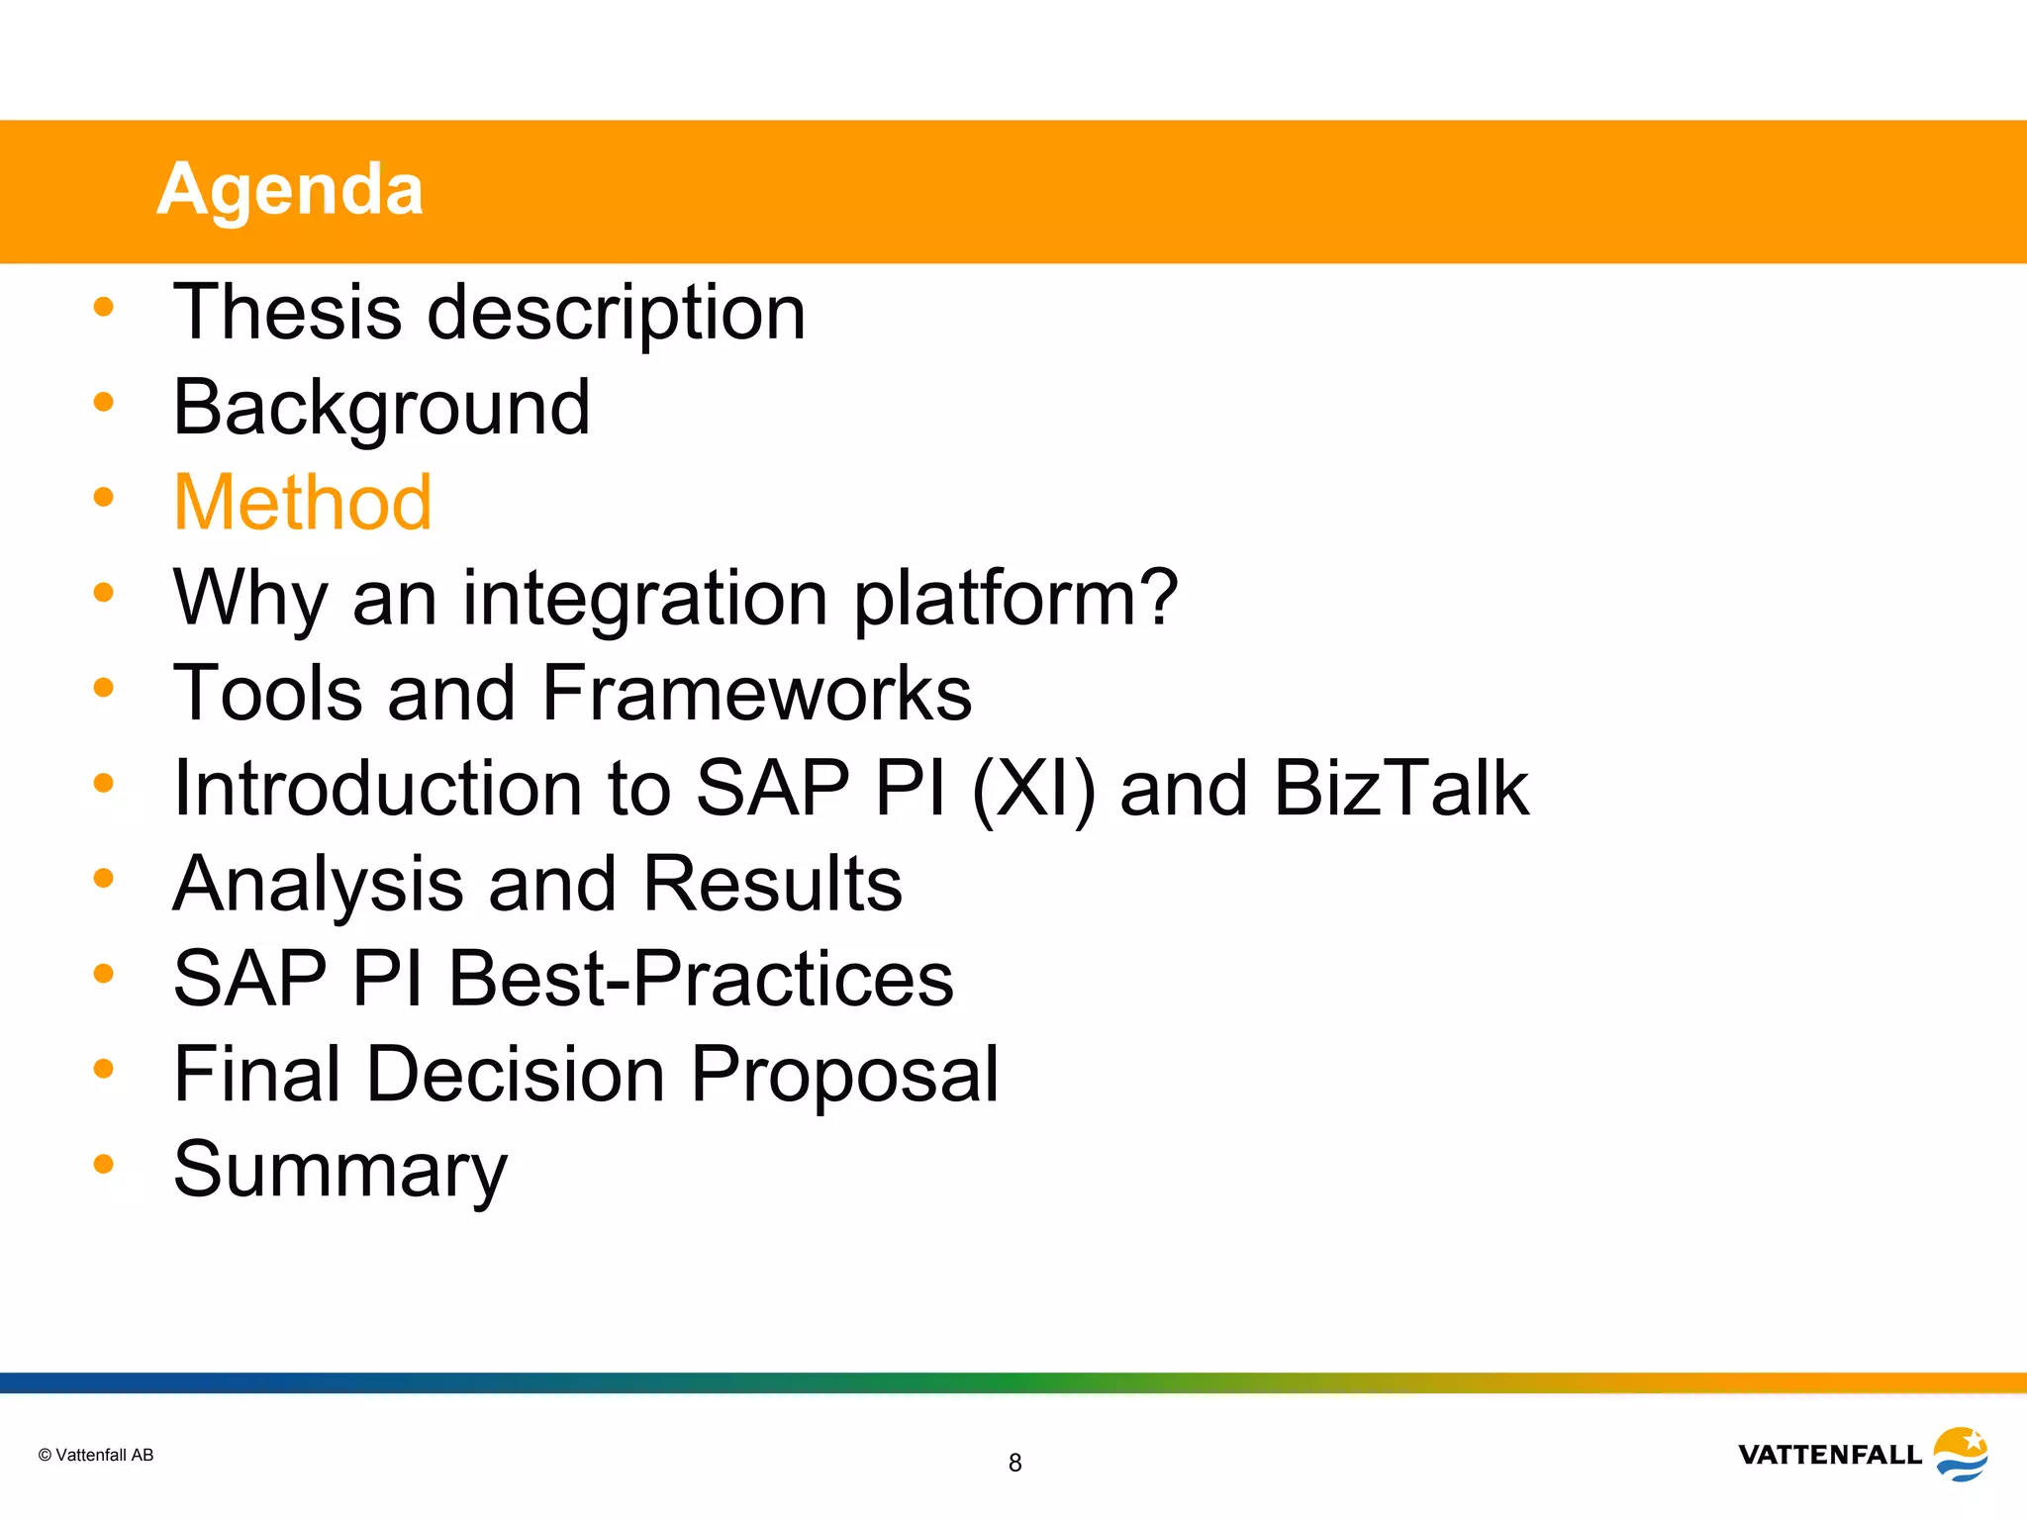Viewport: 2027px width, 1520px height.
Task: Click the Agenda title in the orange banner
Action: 290,189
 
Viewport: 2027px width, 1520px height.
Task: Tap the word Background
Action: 381,408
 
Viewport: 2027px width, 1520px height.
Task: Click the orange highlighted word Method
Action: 303,503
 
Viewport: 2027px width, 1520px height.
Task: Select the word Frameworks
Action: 757,693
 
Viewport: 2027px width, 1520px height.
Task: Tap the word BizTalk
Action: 1400,788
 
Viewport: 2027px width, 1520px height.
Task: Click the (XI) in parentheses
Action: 1033,789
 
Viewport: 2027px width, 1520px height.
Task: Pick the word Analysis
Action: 318,884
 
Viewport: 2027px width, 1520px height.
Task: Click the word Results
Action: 772,883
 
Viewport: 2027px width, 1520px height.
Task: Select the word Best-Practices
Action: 701,979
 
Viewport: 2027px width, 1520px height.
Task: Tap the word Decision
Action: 516,1074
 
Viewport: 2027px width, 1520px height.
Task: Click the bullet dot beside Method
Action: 104,497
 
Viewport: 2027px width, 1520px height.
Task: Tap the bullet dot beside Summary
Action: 104,1164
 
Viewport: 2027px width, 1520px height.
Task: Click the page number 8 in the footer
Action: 1014,1463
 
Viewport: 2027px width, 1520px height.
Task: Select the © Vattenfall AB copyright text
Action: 96,1455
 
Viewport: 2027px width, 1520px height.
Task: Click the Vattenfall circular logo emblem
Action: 1960,1454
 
